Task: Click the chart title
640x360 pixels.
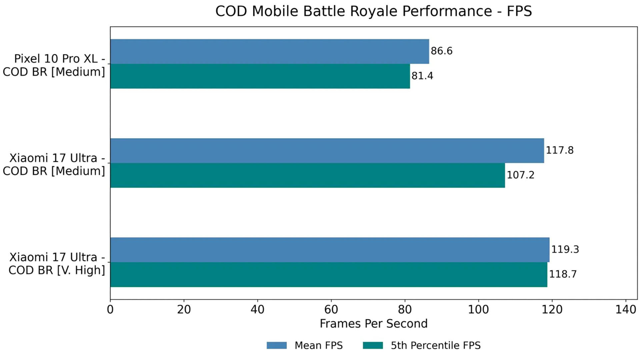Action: (373, 11)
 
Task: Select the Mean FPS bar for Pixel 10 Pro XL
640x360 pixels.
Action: (269, 51)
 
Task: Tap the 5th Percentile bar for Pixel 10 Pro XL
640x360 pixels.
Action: (260, 76)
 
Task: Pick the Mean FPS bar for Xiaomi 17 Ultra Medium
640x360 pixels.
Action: (327, 151)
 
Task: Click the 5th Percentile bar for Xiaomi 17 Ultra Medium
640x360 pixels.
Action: (307, 175)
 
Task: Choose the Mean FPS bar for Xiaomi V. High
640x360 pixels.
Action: (329, 250)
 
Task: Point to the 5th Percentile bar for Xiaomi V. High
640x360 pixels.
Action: (328, 274)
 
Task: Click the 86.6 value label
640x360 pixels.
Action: (441, 51)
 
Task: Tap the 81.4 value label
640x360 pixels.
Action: (422, 76)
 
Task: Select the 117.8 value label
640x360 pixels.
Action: (559, 150)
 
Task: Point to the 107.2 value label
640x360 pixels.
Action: (520, 175)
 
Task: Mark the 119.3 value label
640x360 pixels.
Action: (565, 249)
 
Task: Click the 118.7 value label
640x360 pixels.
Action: (563, 274)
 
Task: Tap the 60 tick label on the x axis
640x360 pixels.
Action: (331, 310)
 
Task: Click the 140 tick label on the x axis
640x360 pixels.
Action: (626, 310)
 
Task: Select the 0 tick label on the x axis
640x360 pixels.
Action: (110, 310)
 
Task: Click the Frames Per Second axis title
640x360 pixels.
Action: (373, 324)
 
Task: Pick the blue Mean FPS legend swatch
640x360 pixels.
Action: (276, 345)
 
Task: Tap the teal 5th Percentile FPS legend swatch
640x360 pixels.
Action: (373, 345)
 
